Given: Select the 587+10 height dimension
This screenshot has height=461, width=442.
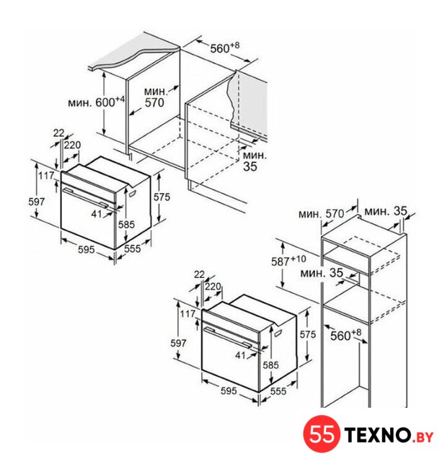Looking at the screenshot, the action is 288,261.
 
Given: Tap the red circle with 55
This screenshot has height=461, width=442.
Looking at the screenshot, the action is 322,434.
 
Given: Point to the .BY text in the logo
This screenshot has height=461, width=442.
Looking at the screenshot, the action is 423,437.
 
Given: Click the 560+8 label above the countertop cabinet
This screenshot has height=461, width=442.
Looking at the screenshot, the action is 224,48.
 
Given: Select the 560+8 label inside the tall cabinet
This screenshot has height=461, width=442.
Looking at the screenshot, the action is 345,335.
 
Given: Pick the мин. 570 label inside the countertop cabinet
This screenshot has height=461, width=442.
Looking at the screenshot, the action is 156,97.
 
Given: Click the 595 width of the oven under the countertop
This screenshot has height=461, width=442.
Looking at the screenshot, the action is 87,249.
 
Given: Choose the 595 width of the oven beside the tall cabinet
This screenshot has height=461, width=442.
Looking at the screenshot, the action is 229,390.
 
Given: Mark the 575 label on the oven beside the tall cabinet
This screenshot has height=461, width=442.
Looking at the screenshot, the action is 307,334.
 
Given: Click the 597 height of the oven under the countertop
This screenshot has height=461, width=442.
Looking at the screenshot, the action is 37,202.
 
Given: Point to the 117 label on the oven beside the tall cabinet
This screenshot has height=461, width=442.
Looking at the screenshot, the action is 187,314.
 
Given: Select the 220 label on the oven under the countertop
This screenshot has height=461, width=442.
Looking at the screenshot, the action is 72,145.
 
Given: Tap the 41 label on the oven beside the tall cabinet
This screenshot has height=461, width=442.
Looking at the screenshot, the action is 240,355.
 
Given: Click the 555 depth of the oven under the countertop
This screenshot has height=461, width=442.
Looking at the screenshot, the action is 133,249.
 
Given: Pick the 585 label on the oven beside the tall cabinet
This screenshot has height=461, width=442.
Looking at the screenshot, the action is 270,365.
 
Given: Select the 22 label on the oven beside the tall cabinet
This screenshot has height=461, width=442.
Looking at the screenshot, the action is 199,274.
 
